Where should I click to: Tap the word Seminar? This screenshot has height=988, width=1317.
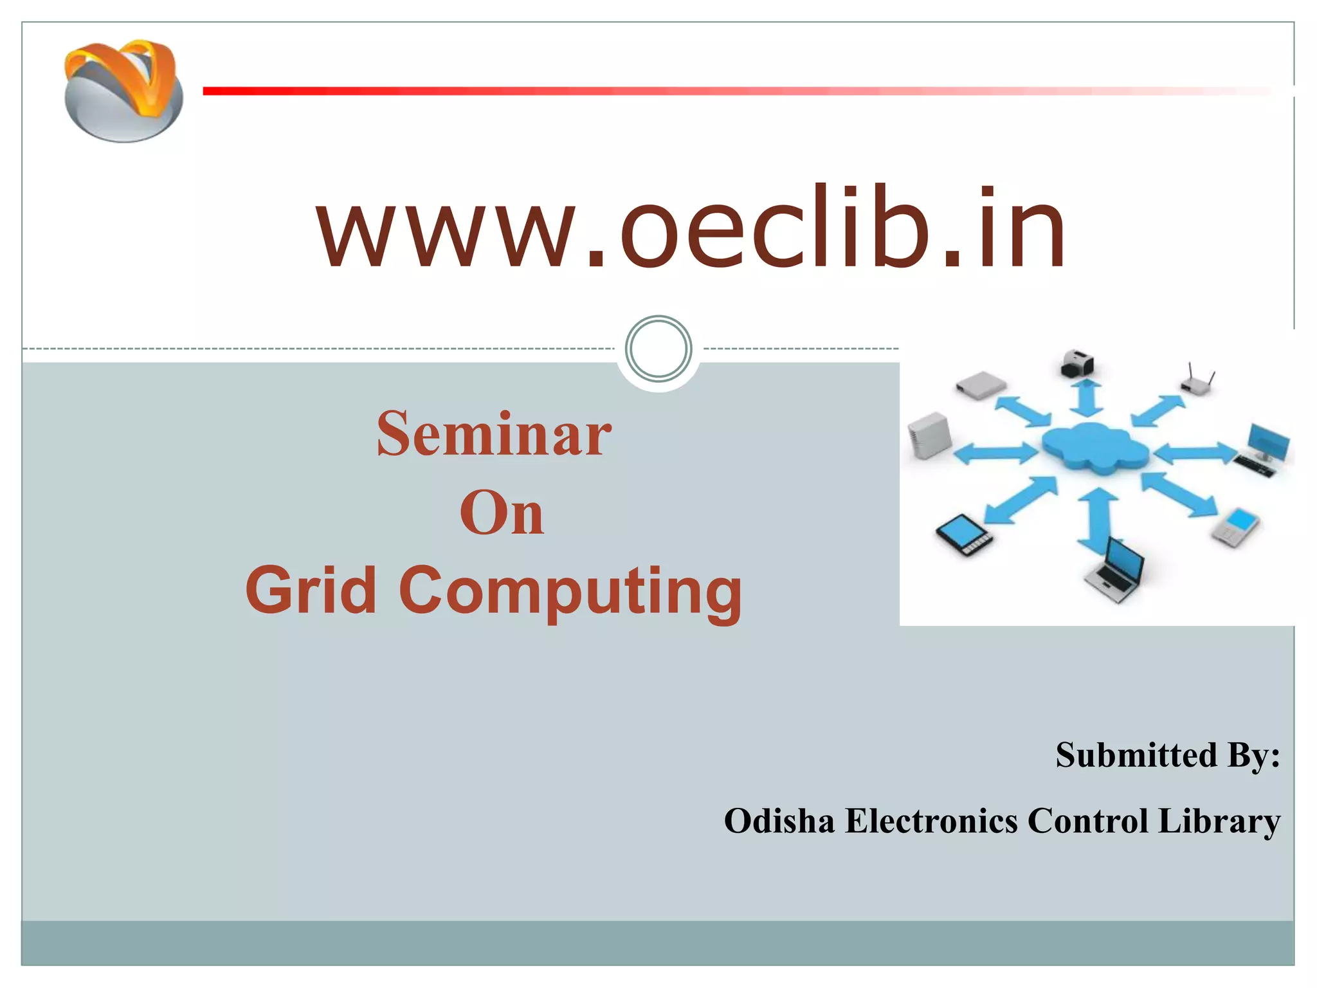point(494,435)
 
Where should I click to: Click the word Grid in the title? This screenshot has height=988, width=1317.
point(311,589)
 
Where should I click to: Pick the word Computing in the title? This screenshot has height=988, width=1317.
point(570,590)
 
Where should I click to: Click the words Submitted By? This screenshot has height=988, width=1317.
point(1167,755)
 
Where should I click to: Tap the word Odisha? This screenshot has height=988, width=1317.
point(779,821)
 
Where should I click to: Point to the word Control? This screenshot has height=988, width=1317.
point(1087,821)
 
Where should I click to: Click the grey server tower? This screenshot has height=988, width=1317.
point(929,435)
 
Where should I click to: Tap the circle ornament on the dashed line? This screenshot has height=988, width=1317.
point(658,349)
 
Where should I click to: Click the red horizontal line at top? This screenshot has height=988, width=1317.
point(707,91)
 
